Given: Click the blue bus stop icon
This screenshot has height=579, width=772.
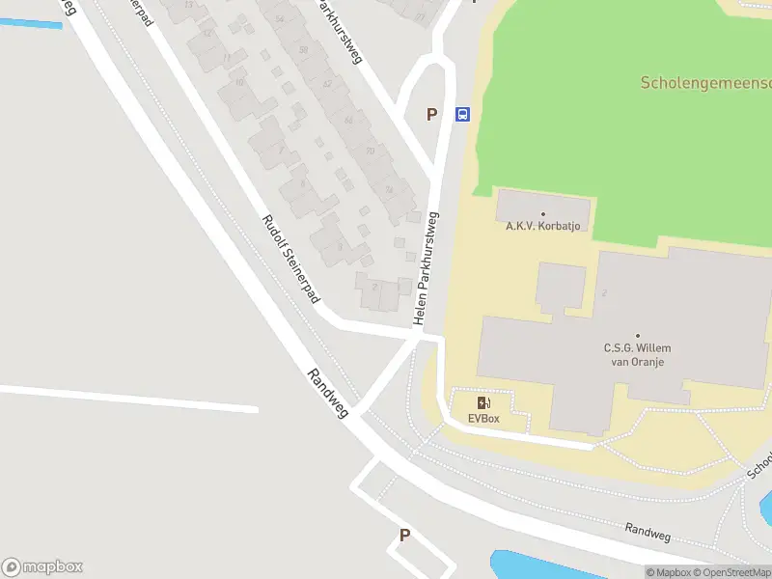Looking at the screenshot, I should click(x=462, y=114).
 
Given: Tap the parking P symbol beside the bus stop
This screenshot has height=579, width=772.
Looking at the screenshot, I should click(x=432, y=114).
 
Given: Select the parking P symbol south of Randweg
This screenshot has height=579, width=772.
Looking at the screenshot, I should click(x=404, y=535).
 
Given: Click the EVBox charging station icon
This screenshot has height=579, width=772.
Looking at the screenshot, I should click(x=482, y=402).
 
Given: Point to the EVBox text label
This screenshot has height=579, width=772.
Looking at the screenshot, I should click(x=482, y=418).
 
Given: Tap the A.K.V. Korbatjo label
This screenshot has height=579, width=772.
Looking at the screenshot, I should click(x=542, y=227).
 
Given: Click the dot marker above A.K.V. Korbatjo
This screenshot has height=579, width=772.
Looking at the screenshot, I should click(x=542, y=214).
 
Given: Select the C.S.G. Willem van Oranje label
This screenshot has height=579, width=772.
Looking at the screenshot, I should click(x=637, y=354).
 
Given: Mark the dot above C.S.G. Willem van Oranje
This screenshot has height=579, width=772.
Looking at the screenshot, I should click(x=637, y=336).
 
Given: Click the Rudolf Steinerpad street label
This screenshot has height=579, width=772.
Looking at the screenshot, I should click(x=290, y=260).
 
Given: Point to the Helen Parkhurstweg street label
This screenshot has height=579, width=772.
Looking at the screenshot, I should click(x=426, y=267).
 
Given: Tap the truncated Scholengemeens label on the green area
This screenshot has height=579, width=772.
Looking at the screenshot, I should click(x=705, y=83).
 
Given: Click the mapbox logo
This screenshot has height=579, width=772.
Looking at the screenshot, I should click(x=42, y=567).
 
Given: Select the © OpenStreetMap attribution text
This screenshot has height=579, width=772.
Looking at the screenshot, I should click(x=732, y=572).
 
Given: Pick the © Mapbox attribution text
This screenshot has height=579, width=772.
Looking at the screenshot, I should click(x=668, y=572).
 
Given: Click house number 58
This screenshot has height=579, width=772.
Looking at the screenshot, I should click(x=303, y=49).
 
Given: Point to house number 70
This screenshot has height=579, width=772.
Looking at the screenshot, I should click(x=370, y=151).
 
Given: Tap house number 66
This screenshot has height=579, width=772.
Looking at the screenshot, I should click(x=348, y=120).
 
